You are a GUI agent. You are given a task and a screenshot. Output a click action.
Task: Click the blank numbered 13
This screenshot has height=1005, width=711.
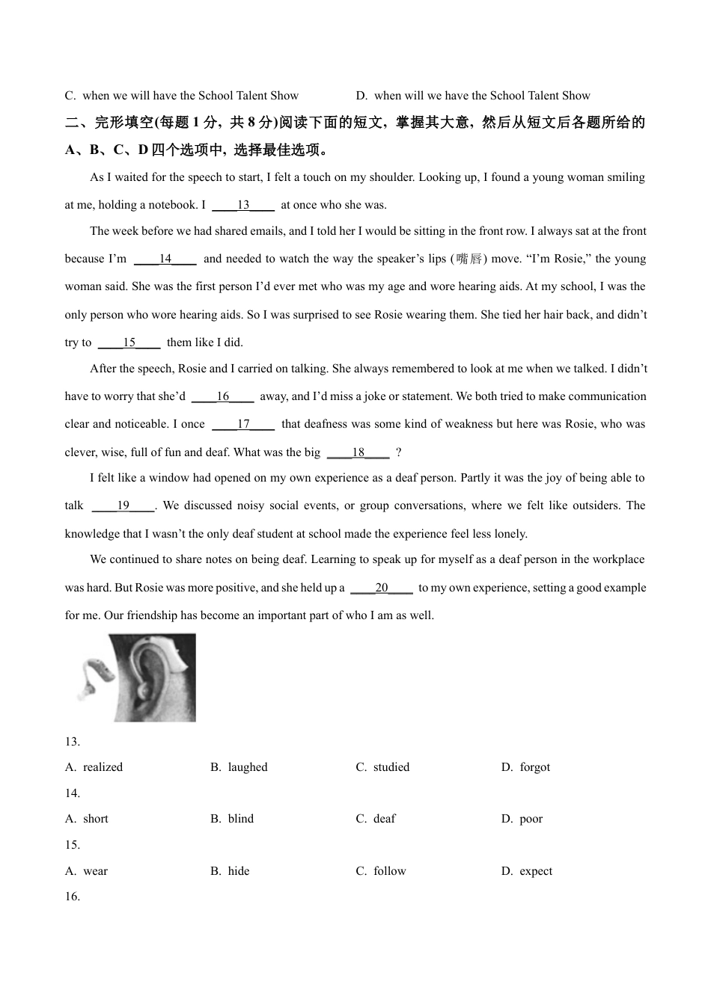click(243, 205)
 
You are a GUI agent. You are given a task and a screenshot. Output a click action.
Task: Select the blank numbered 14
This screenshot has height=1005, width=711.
click(165, 259)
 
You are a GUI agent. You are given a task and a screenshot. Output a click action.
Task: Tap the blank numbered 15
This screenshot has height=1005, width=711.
click(129, 342)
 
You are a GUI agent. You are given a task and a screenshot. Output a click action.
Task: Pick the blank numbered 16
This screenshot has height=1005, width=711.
click(223, 396)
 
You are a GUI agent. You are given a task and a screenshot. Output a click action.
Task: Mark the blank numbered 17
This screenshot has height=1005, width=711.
click(243, 424)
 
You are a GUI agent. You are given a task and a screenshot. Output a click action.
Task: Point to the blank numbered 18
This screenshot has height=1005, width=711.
click(358, 452)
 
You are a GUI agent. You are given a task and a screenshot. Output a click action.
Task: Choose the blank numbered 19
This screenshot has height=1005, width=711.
click(123, 505)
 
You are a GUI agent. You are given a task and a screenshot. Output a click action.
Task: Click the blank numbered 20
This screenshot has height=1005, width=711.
click(382, 588)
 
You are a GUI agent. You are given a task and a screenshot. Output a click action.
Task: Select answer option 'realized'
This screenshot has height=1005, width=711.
click(103, 767)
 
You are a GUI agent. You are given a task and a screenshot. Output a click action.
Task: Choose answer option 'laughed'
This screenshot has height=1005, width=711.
click(247, 767)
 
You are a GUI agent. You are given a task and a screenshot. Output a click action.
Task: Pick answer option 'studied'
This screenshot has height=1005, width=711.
click(391, 767)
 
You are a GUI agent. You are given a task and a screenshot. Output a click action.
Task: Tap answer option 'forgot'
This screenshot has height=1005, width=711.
click(534, 767)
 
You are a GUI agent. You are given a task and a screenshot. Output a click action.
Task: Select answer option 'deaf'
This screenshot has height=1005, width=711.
click(384, 819)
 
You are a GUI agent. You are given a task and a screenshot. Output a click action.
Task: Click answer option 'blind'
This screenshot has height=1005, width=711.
click(240, 819)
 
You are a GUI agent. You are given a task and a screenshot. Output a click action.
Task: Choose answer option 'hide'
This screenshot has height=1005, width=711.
click(239, 871)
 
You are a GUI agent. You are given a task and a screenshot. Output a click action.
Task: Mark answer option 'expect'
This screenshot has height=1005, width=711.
click(535, 871)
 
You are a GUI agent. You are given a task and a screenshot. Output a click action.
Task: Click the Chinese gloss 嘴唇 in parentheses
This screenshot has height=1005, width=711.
click(469, 259)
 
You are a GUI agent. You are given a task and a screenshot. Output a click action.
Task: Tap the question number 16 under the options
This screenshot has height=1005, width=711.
click(73, 897)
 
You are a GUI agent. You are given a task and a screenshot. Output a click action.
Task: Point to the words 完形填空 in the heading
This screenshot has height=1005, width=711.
click(124, 123)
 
